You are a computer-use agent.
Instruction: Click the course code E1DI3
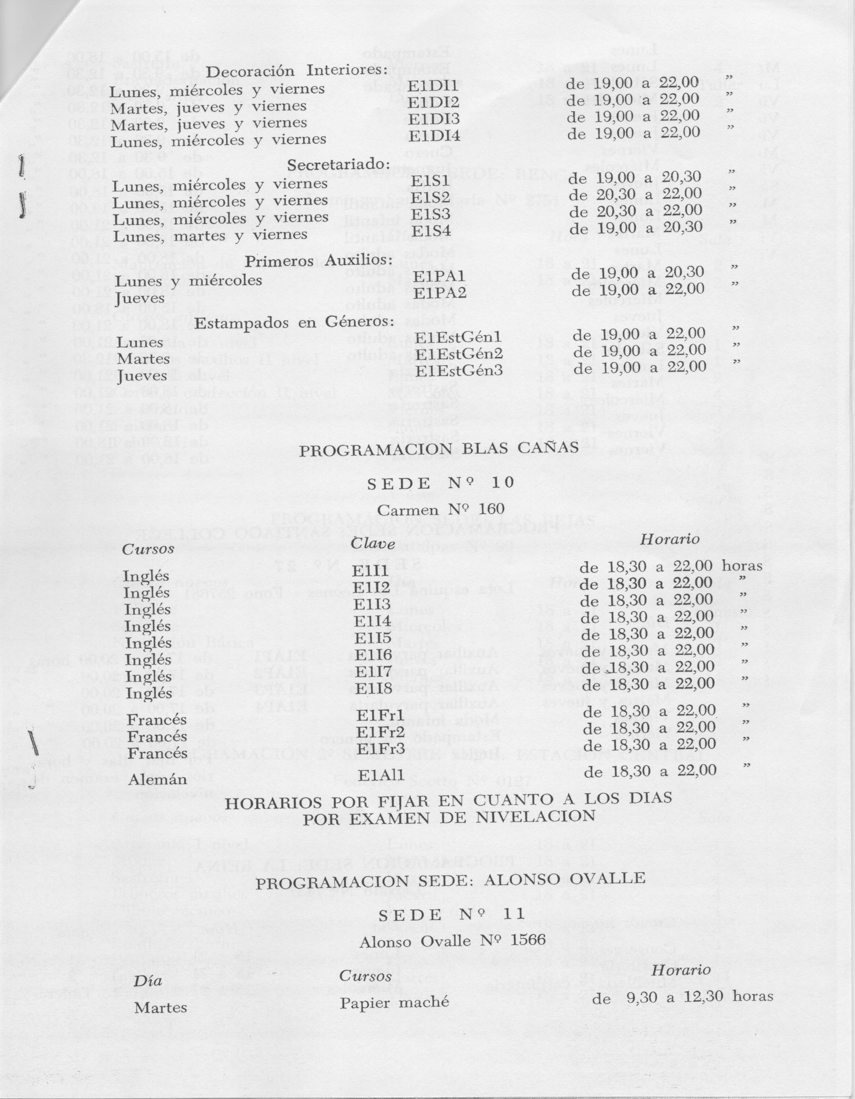pos(434,120)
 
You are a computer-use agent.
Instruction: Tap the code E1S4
pos(431,230)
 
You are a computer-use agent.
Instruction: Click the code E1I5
pos(372,638)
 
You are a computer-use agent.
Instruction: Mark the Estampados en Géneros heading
pos(294,323)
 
